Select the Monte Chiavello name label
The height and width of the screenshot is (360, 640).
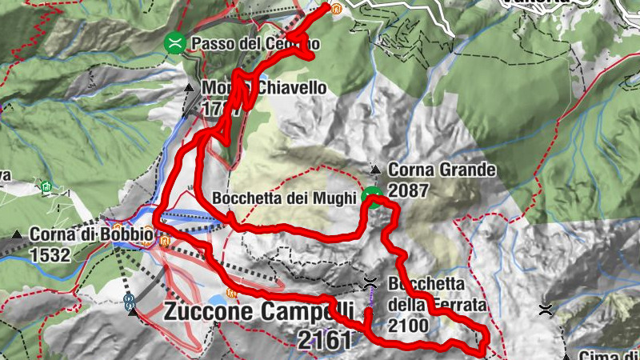pyautogui.click(x=264, y=88)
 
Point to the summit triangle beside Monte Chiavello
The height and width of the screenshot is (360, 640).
pyautogui.click(x=189, y=88)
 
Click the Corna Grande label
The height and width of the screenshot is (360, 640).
pyautogui.click(x=442, y=170)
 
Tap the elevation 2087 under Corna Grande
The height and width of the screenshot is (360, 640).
pyautogui.click(x=408, y=191)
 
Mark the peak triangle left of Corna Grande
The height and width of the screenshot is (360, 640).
pyautogui.click(x=376, y=170)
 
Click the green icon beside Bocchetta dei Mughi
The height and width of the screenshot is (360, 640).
pyautogui.click(x=372, y=196)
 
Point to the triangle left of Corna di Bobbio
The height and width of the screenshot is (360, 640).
pyautogui.click(x=18, y=235)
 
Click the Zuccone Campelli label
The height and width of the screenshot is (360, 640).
pyautogui.click(x=258, y=311)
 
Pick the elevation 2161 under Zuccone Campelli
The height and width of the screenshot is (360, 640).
pyautogui.click(x=324, y=340)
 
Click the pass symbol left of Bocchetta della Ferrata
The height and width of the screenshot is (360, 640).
pyautogui.click(x=370, y=282)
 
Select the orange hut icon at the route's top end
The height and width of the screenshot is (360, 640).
pyautogui.click(x=337, y=10)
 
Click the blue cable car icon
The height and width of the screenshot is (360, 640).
pyautogui.click(x=128, y=302)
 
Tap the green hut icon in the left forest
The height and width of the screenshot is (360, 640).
pyautogui.click(x=46, y=188)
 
